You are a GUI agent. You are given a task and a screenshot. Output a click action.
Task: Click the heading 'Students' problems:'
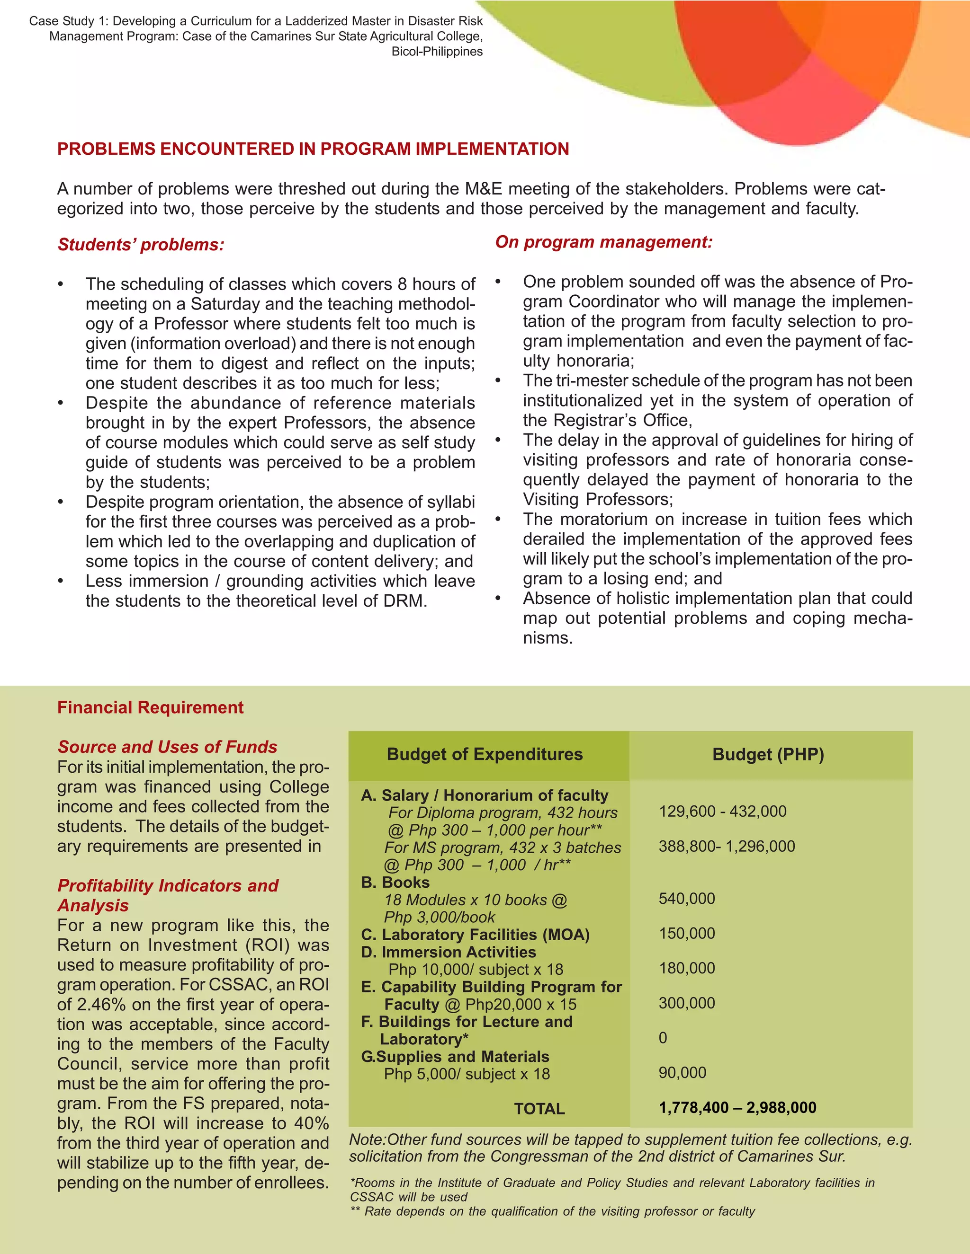click(141, 245)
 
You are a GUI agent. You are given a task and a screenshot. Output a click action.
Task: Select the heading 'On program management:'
click(603, 242)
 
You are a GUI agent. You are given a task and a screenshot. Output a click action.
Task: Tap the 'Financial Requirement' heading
click(150, 707)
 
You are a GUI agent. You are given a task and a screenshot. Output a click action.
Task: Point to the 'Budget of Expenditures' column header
click(485, 754)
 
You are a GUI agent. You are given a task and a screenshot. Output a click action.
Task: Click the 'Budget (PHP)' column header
click(768, 754)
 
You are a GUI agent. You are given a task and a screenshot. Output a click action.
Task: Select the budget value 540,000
click(687, 899)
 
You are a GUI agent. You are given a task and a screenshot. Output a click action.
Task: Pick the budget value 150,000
click(687, 934)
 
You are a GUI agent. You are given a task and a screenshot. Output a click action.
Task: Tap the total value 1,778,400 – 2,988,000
click(737, 1108)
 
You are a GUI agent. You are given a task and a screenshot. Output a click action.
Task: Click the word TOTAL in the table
click(539, 1109)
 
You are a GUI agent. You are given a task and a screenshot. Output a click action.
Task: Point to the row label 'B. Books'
click(395, 883)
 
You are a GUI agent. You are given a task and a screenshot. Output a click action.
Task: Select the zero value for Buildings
click(663, 1038)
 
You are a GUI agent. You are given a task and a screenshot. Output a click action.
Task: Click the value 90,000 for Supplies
click(682, 1073)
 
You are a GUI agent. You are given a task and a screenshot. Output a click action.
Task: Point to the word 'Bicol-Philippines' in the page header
click(437, 52)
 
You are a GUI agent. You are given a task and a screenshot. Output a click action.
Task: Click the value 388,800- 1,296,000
click(727, 847)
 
